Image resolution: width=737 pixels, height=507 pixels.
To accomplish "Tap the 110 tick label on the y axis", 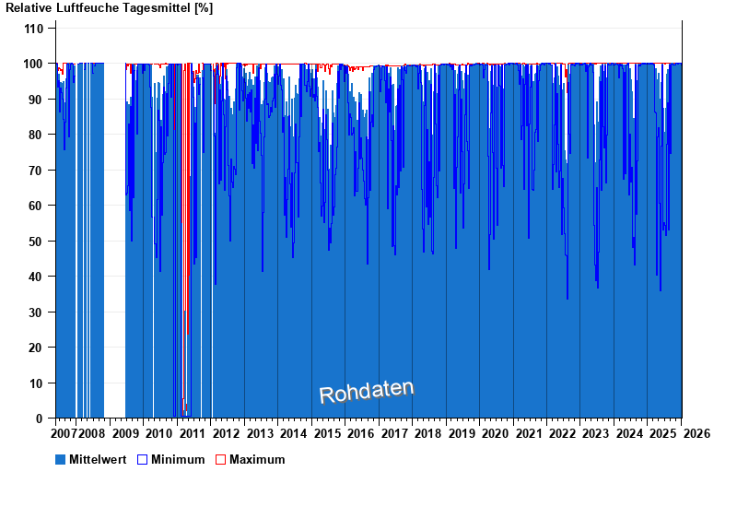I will [x=33, y=29].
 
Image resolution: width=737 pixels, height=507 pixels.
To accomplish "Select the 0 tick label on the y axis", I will [x=40, y=419].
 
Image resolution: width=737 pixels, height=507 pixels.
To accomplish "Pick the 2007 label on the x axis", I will [x=64, y=433].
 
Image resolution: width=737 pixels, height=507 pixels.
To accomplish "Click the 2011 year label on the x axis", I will [x=193, y=433].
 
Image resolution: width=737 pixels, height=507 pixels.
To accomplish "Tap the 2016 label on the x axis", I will [x=361, y=433].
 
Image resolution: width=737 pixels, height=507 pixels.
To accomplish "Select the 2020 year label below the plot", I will [x=496, y=433].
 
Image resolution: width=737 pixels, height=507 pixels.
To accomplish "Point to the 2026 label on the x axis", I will [x=696, y=433].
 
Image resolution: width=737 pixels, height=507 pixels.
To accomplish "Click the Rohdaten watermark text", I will [x=367, y=392].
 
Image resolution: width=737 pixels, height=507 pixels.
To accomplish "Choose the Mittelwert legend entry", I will [x=98, y=459].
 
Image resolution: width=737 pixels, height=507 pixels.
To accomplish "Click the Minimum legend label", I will [x=178, y=459].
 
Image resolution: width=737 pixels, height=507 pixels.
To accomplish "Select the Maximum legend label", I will [x=257, y=459].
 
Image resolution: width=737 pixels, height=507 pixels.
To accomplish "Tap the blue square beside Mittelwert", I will [x=61, y=459].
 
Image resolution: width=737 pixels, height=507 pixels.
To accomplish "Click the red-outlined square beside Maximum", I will [x=220, y=459].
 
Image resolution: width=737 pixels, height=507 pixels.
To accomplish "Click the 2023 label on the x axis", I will [x=596, y=433].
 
